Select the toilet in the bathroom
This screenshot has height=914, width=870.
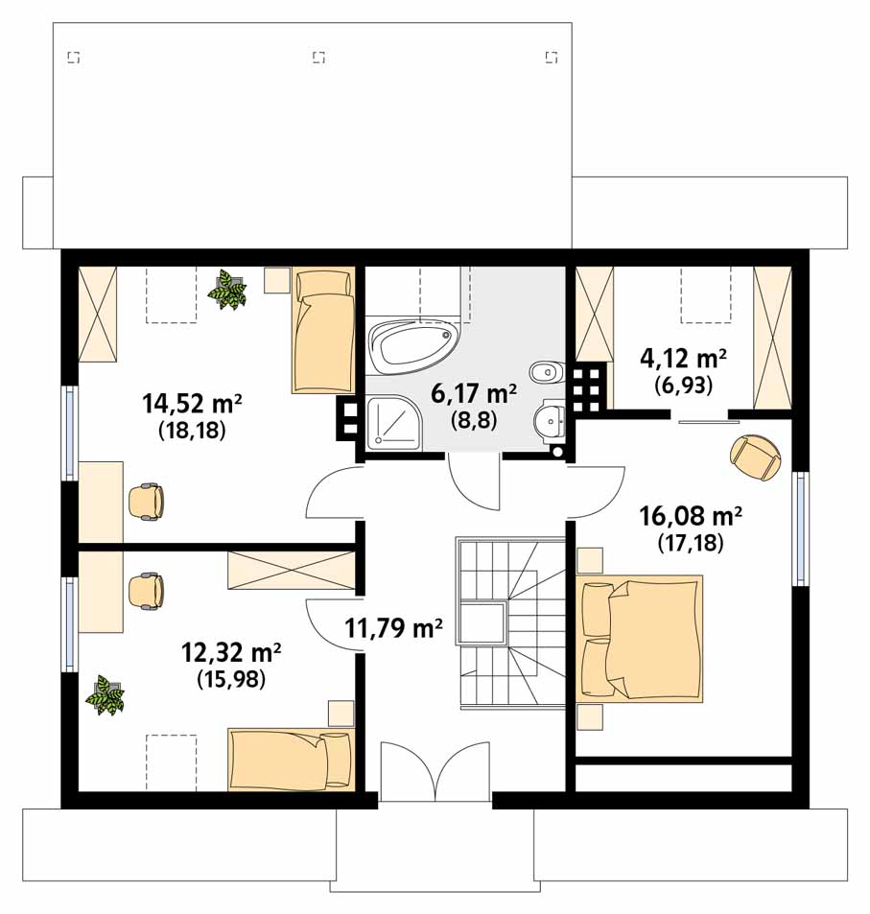548,371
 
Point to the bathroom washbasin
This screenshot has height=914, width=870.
550,418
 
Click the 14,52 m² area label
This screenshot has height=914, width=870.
193,403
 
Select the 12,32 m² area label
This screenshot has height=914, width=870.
231,652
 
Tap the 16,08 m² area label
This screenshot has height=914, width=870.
691,516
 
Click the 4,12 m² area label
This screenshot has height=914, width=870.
683,358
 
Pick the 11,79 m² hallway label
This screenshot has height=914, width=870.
393,628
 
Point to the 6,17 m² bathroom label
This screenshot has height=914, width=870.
474,393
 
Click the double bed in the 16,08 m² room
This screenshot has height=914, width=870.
639,639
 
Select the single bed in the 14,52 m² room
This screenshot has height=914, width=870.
323,330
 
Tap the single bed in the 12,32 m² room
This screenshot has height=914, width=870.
291,760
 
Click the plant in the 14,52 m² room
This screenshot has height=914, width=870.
228,289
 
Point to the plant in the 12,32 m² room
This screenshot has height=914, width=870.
106,694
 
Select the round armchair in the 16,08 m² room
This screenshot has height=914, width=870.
755,457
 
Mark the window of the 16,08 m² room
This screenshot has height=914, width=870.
801,528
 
